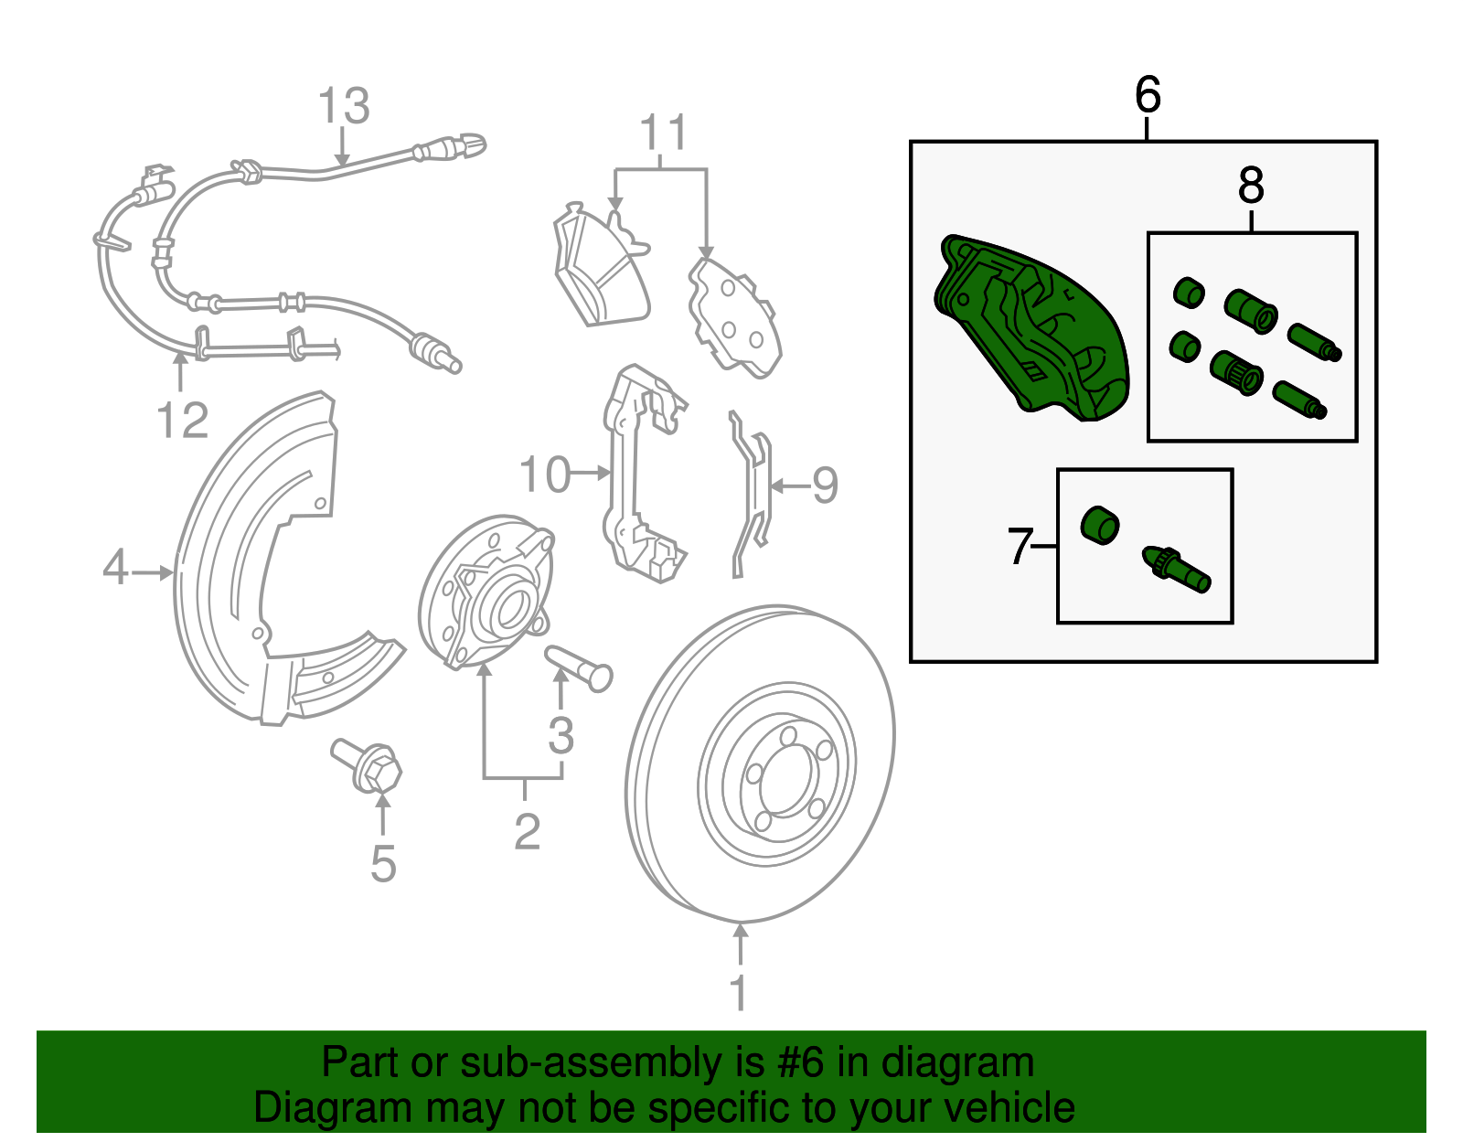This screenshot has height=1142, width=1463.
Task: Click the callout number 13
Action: (x=344, y=106)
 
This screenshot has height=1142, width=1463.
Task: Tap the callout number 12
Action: (x=183, y=421)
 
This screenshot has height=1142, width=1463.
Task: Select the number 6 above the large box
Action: (x=1148, y=95)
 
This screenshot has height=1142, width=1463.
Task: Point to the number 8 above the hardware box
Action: (x=1251, y=187)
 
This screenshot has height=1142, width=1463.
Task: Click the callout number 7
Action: (x=1020, y=547)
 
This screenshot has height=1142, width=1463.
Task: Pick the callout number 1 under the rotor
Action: (x=739, y=992)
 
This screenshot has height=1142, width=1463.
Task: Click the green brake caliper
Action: (x=1031, y=327)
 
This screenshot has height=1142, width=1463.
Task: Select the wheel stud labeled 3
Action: (x=578, y=668)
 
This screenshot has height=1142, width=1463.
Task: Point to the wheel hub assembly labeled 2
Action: (x=486, y=592)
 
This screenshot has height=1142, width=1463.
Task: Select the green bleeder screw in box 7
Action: (x=1177, y=570)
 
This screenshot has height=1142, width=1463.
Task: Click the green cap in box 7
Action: (x=1100, y=525)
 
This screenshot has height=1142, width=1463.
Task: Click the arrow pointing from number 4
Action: (x=152, y=573)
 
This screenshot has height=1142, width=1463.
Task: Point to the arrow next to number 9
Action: (x=790, y=486)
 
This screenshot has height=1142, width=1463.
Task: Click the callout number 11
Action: (x=664, y=132)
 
